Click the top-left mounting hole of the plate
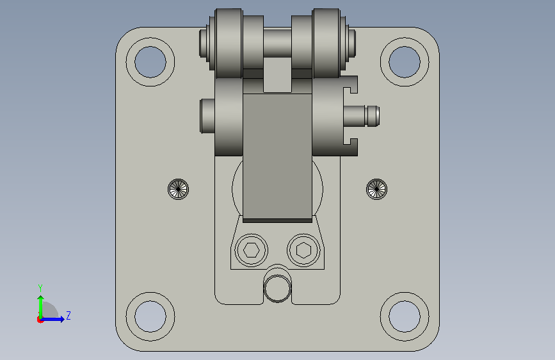pyautogui.click(x=150, y=62)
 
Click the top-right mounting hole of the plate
pyautogui.click(x=405, y=62)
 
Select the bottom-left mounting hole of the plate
pyautogui.click(x=150, y=316)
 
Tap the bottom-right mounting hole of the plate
pyautogui.click(x=405, y=316)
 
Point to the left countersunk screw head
pyautogui.click(x=179, y=189)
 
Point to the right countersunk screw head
pyautogui.click(x=376, y=189)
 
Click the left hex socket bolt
pyautogui.click(x=252, y=250)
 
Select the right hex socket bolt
pyautogui.click(x=303, y=250)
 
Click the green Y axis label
pyautogui.click(x=40, y=288)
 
